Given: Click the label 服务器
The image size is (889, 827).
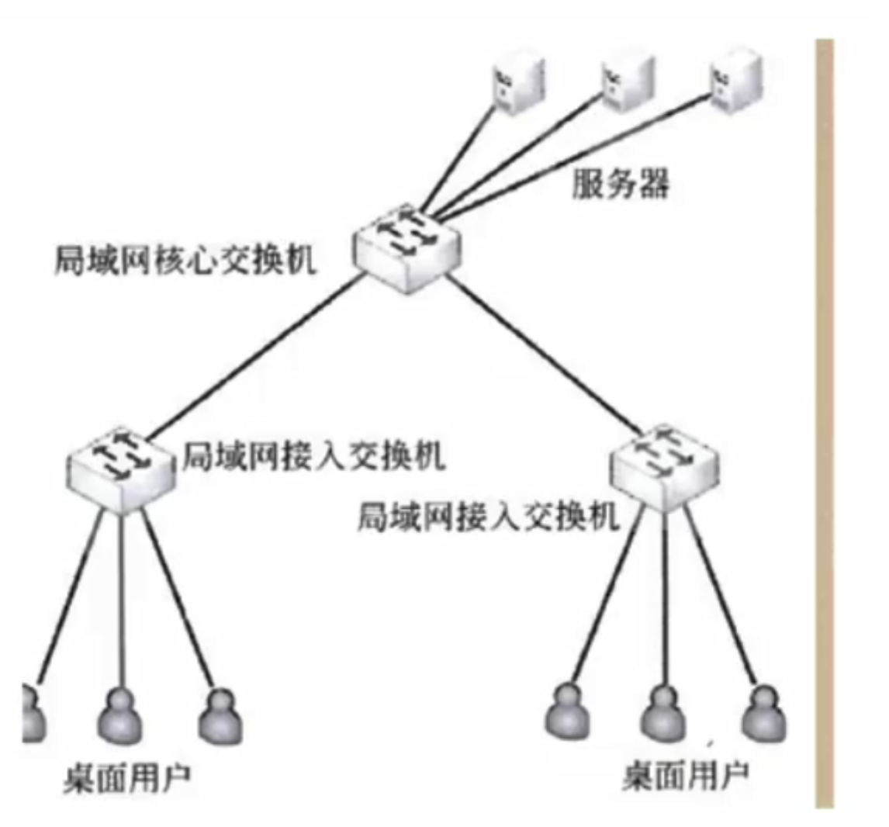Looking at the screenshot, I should [x=620, y=184].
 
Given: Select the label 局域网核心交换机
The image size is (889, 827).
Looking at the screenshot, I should [x=185, y=261].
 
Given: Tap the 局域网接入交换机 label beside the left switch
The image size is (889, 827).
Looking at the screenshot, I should [x=313, y=458].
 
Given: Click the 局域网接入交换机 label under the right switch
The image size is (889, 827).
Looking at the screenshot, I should [x=489, y=515].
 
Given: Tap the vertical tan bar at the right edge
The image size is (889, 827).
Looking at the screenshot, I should [x=824, y=419].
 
